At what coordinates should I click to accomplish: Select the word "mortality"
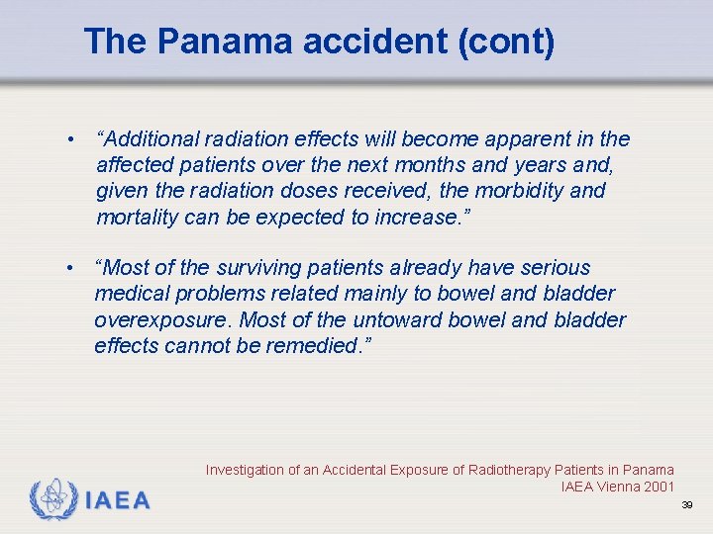point(138,217)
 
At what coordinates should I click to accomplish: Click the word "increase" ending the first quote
point(417,217)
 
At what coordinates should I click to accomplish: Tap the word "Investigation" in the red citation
point(245,470)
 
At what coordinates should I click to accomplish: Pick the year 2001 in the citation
point(658,487)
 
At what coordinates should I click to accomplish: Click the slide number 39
point(687,505)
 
